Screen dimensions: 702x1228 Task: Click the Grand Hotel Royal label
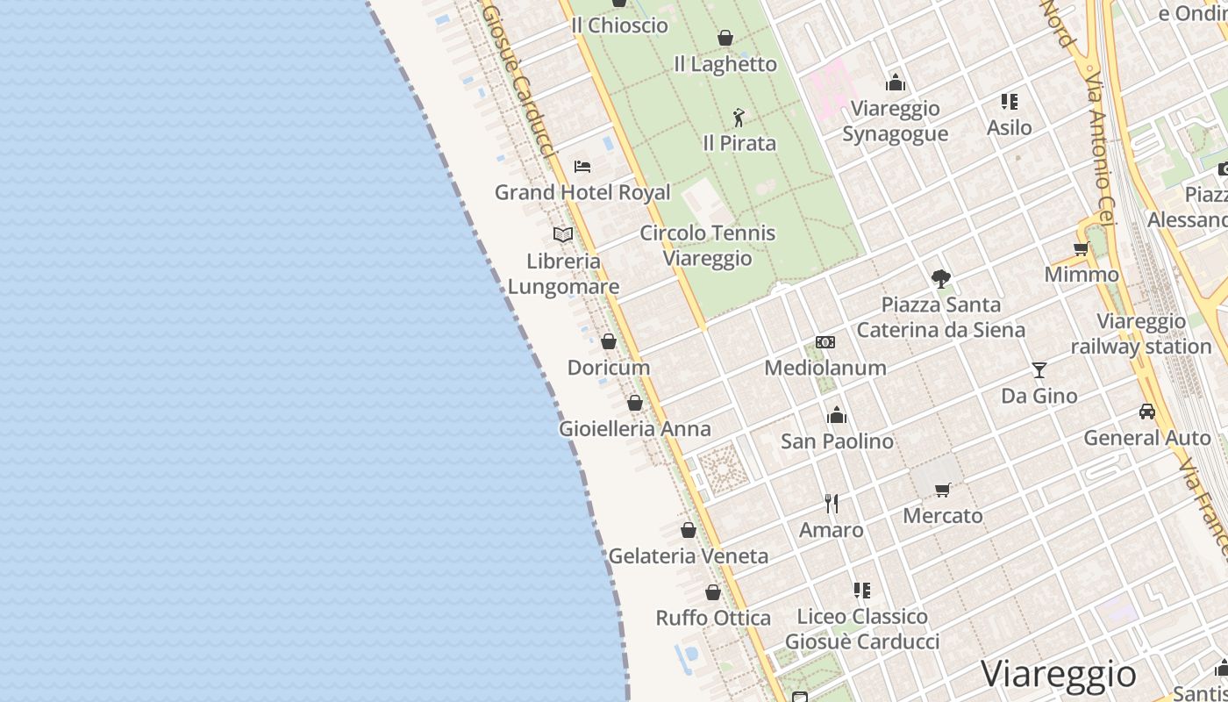pos(582,192)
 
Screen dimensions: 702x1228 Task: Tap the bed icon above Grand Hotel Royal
pos(582,166)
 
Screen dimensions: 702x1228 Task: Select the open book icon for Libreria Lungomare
pos(563,234)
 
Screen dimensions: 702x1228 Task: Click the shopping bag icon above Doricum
pos(609,341)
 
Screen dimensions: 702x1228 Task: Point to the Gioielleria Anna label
pos(635,429)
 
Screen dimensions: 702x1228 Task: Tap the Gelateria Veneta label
pos(689,555)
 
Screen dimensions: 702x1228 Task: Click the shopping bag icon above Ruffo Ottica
pos(713,592)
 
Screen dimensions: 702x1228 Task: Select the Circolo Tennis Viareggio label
pos(708,246)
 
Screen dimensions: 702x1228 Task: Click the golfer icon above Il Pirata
pos(739,117)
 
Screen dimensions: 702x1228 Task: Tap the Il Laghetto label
pos(725,64)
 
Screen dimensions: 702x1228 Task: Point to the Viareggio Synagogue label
pos(895,121)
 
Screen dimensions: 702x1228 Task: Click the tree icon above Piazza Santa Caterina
pos(941,279)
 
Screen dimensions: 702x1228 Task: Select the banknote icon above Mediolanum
pos(825,342)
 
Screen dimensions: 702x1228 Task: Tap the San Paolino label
pos(837,441)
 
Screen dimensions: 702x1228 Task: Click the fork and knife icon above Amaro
pos(832,504)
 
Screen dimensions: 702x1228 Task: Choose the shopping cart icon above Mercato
pos(943,490)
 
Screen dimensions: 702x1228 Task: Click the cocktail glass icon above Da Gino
pos(1039,370)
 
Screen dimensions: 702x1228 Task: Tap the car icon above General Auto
pos(1146,412)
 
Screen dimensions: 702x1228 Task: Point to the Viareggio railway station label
pos(1141,334)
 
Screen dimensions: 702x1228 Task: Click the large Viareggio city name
pos(1058,674)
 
